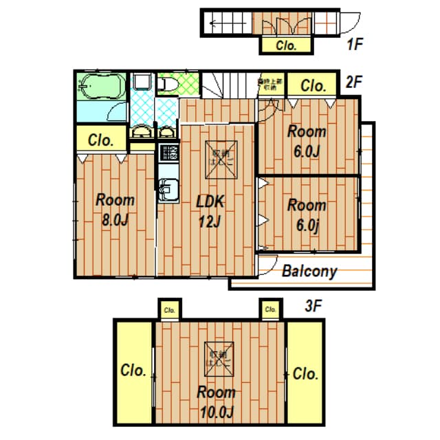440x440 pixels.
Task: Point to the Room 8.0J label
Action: click(115, 210)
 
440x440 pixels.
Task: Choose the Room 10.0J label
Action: click(216, 402)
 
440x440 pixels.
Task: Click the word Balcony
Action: click(309, 271)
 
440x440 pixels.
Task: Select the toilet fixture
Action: click(167, 85)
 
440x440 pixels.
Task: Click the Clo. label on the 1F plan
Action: click(286, 46)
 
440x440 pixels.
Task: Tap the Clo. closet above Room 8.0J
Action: click(101, 140)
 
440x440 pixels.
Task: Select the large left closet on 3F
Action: click(133, 371)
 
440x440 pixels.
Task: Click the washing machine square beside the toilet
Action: click(142, 83)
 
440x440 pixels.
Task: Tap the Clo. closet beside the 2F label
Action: click(313, 86)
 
